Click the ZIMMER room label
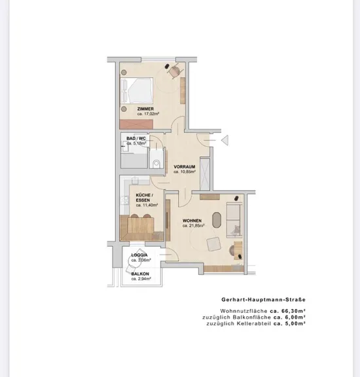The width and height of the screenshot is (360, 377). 145,109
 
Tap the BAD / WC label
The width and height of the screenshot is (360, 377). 136,139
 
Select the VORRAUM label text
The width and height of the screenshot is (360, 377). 185,167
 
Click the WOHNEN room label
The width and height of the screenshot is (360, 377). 192,221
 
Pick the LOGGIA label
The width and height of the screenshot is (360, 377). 139,255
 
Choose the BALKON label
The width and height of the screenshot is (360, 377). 140,274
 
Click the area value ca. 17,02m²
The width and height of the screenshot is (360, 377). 148,114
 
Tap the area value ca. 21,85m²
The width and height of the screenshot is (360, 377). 193,226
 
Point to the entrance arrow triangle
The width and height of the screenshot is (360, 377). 225,141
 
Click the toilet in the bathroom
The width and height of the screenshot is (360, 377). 156,164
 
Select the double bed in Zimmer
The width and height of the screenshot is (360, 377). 137,90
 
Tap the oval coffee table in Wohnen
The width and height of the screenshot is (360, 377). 217,220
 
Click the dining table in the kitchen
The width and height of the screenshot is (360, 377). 141,226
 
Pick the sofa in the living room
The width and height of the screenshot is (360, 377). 234,220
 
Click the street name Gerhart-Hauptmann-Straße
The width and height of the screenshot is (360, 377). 264,300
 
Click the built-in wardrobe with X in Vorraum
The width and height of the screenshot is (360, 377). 205,174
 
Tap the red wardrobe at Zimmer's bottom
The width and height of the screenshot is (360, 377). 136,124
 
